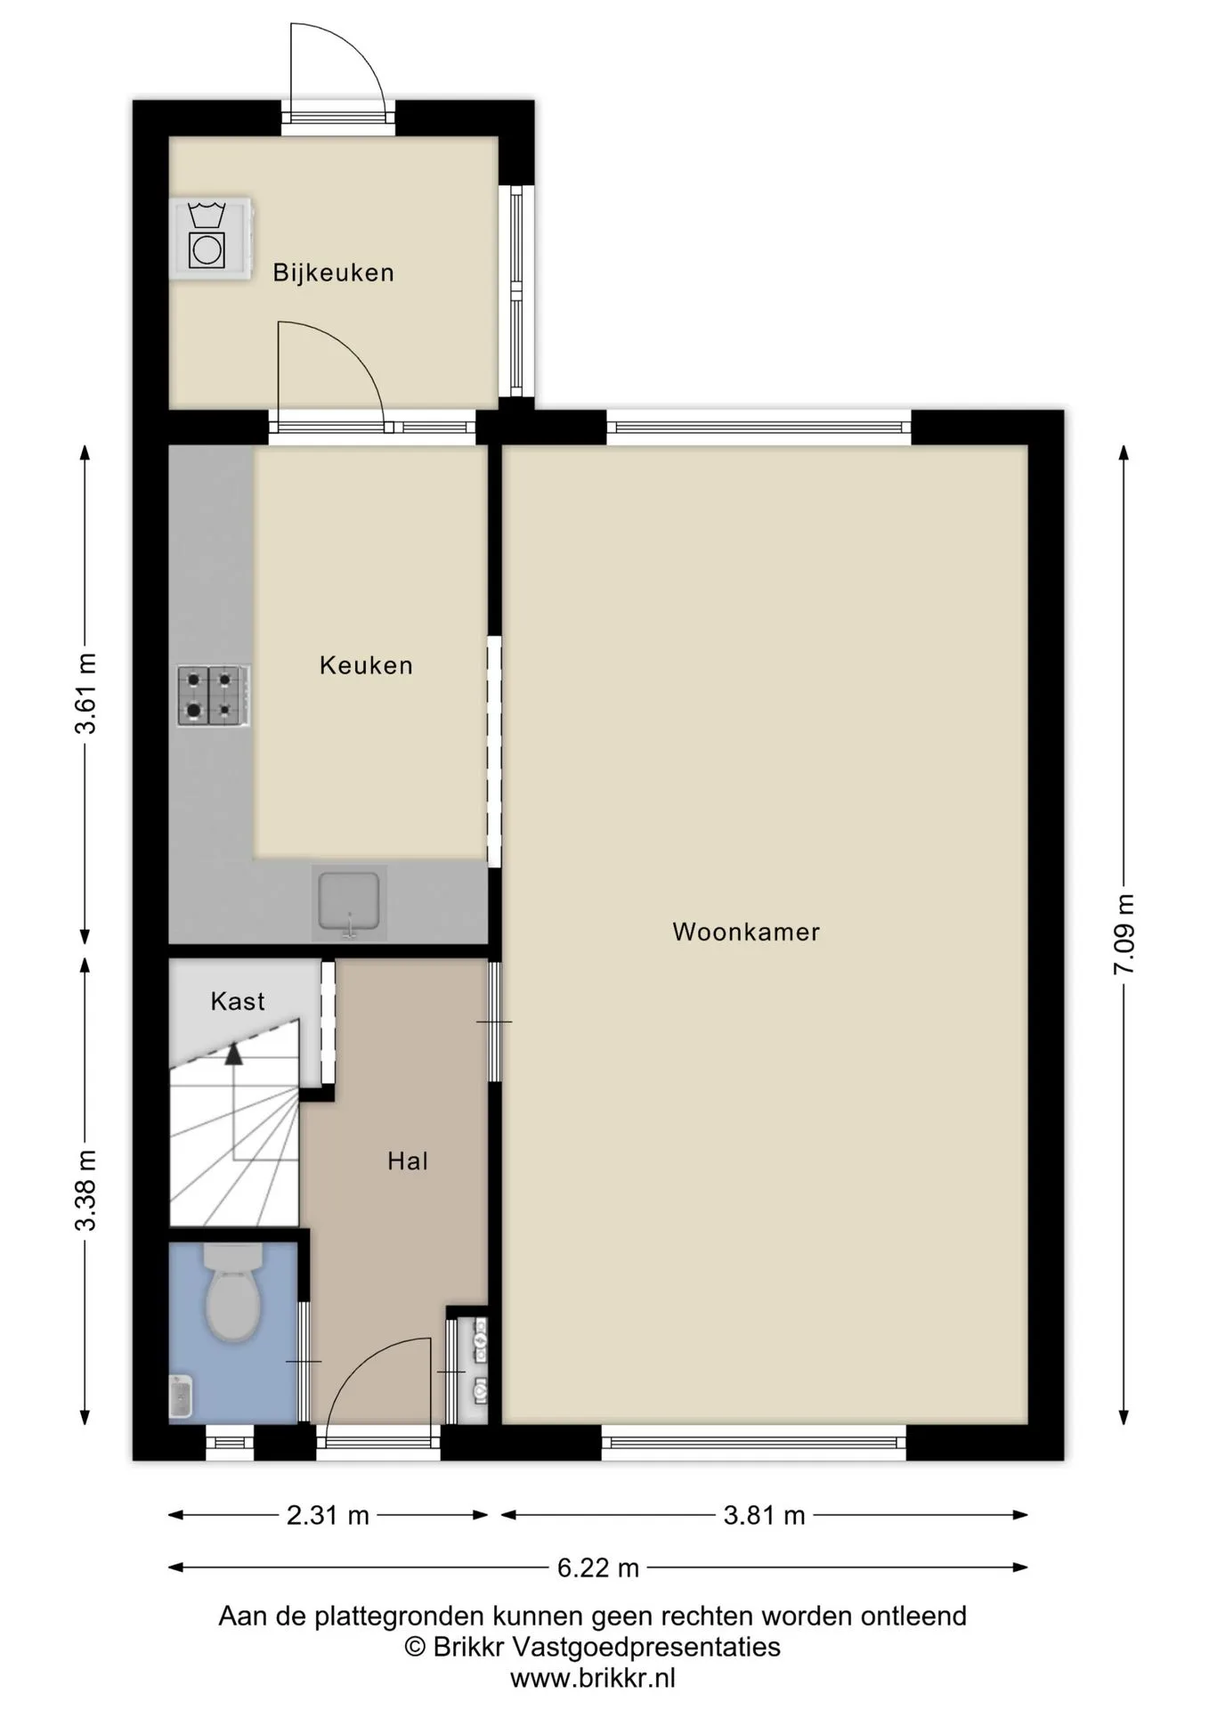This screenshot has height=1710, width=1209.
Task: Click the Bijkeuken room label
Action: point(333,273)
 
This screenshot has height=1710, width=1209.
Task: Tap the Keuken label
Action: point(366,665)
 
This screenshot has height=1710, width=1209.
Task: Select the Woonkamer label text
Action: point(746,932)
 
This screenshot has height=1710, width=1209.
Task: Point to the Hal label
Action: point(408,1160)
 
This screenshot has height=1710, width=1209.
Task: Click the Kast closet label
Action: point(238,1001)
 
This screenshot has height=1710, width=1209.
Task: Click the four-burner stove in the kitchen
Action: point(213,696)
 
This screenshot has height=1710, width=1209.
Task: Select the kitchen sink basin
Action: point(349,902)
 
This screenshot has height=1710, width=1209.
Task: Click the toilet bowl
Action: point(233,1294)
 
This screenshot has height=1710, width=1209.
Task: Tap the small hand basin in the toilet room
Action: point(181,1396)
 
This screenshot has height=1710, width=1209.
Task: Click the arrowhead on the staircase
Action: point(233,1054)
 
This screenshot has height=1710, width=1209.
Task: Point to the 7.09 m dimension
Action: point(1124,934)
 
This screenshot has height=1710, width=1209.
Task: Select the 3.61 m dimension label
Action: point(85,693)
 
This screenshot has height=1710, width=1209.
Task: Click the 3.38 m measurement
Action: point(85,1190)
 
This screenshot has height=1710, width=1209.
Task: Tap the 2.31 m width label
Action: point(328,1515)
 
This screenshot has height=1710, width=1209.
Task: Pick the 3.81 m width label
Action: point(764,1515)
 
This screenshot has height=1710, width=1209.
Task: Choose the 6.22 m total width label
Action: point(598,1567)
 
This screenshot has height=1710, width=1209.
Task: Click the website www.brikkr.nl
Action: point(593,1679)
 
